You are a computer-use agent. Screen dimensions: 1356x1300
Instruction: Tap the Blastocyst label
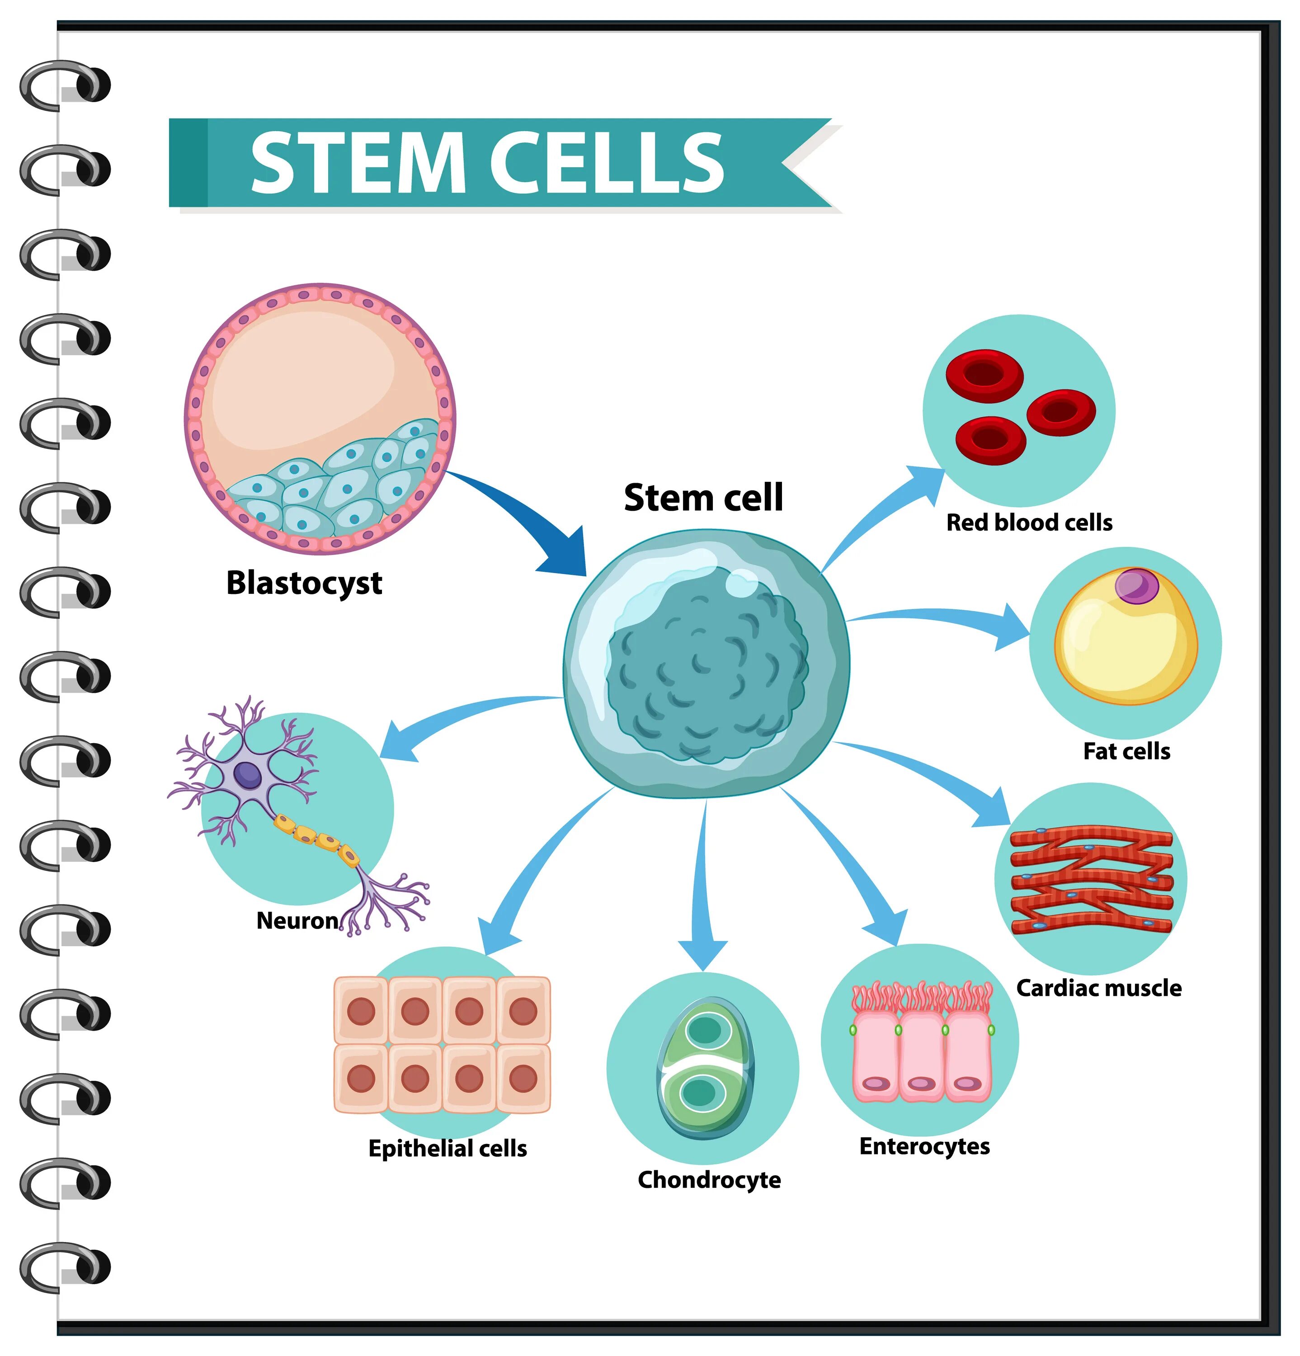(x=304, y=583)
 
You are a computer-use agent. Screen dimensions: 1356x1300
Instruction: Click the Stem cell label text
(x=703, y=498)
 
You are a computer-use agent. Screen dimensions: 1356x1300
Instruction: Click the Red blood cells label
(x=1029, y=523)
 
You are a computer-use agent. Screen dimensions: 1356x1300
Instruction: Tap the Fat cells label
(x=1126, y=751)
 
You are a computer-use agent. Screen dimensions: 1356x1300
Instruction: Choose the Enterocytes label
(x=924, y=1146)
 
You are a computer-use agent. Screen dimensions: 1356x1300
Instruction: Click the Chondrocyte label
(x=709, y=1180)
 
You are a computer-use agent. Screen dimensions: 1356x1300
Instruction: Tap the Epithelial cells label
(x=447, y=1149)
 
